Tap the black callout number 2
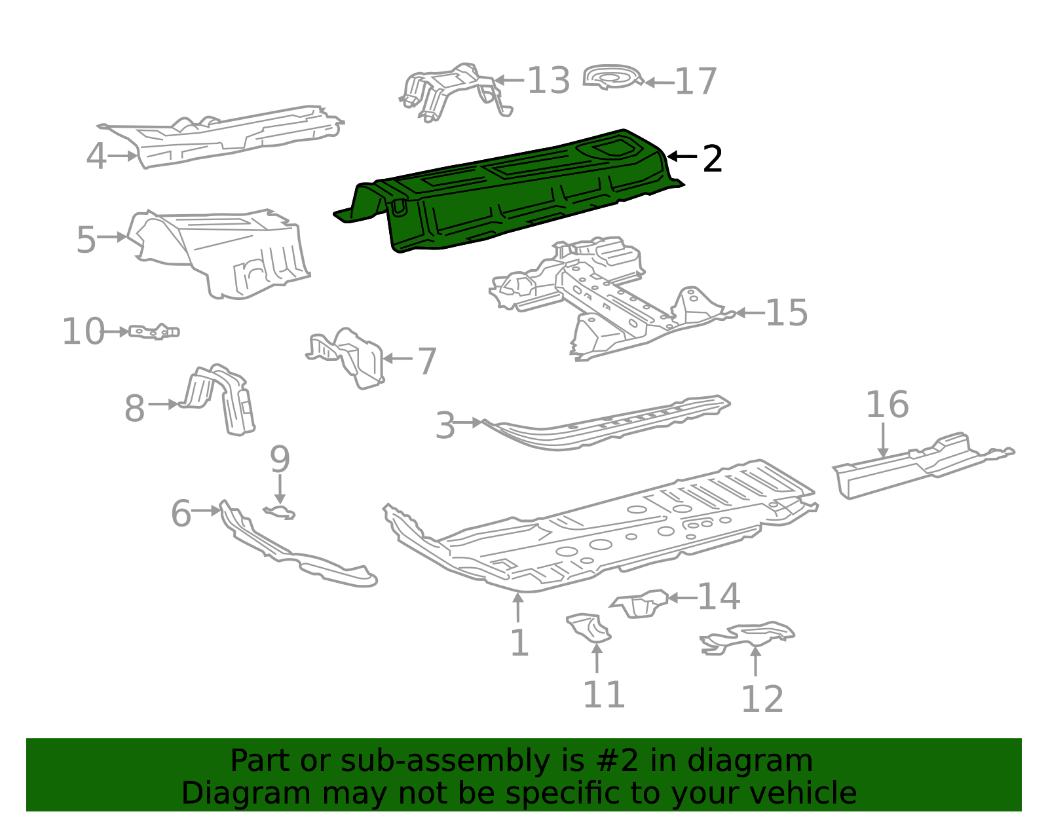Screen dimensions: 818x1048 coord(712,159)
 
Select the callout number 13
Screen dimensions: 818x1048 coord(548,81)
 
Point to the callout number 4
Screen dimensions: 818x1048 coord(96,157)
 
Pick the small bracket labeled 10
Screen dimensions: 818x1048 coord(154,331)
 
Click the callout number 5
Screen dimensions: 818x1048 coord(86,240)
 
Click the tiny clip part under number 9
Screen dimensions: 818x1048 coord(280,512)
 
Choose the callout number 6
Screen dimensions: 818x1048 coord(181,513)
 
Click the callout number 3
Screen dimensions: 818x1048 coord(445,426)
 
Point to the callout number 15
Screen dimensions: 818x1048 coord(786,312)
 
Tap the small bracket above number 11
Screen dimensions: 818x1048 coord(589,627)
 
